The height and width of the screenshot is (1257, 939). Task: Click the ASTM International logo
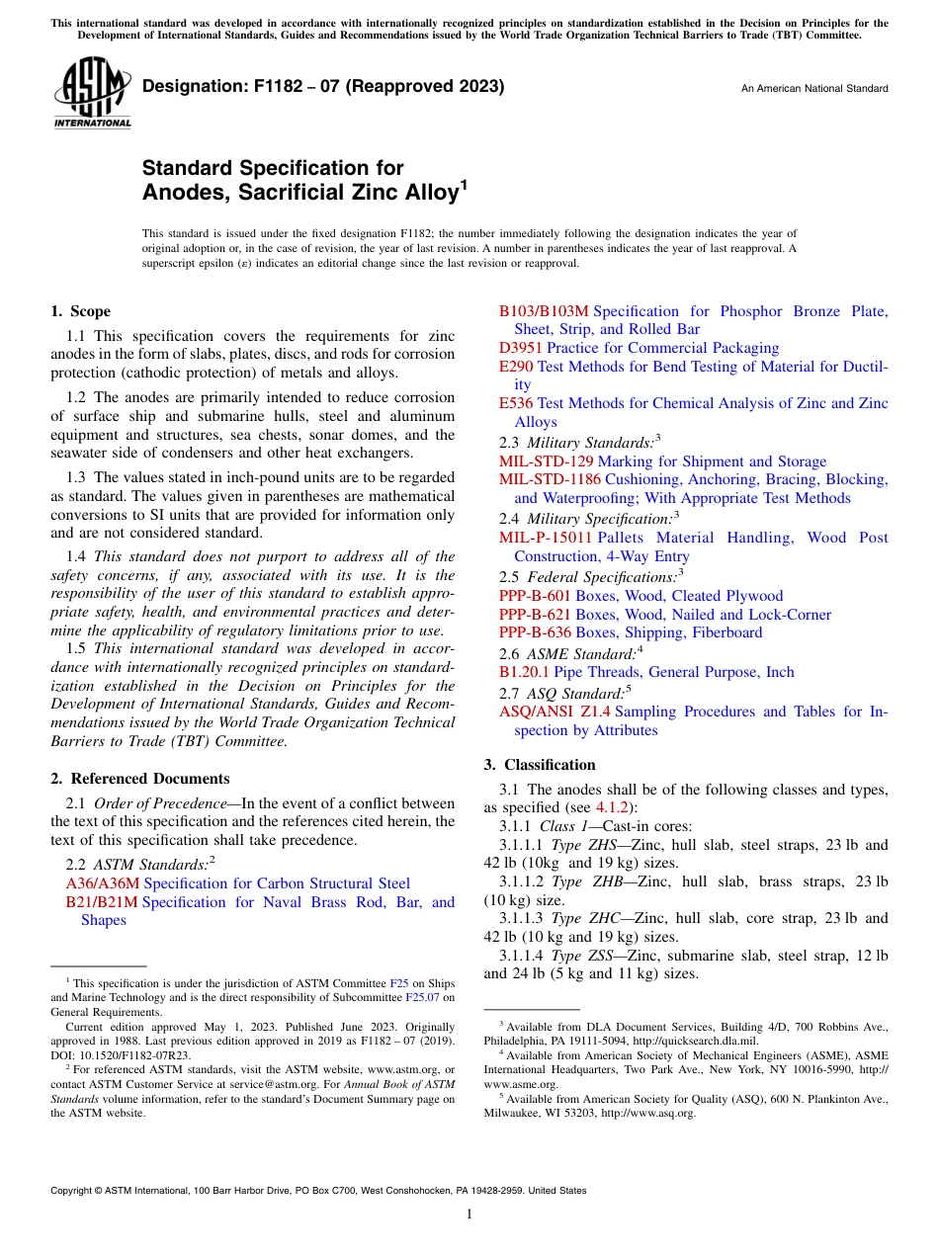(x=92, y=95)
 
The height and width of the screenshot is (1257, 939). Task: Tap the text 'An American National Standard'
(x=813, y=89)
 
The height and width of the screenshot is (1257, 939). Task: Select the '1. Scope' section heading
(x=80, y=311)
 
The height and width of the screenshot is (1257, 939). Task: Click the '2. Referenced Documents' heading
(x=140, y=779)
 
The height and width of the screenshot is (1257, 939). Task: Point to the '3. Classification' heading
(x=540, y=765)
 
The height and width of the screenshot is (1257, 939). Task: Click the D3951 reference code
(x=521, y=348)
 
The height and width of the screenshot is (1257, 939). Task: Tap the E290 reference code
(x=516, y=367)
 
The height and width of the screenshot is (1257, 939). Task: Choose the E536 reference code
(x=516, y=403)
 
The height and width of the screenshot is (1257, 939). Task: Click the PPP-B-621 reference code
(x=535, y=615)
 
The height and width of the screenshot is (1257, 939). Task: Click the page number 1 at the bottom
(x=469, y=1214)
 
